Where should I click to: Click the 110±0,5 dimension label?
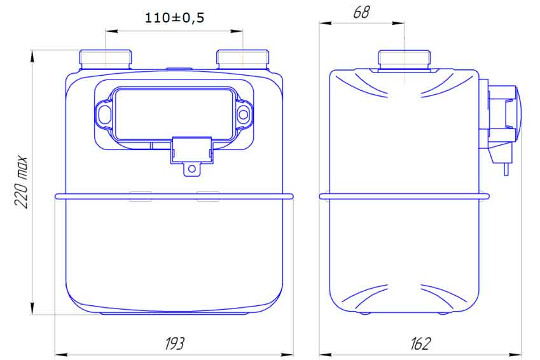[174, 18]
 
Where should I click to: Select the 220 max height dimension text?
[21, 183]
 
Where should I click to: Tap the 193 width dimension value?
[175, 343]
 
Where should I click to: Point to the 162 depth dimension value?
[420, 343]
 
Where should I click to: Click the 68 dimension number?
[361, 12]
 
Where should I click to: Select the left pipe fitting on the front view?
[106, 60]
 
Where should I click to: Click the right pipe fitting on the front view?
[243, 60]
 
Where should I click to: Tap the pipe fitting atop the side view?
[404, 60]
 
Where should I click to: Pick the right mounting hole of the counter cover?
[244, 114]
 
